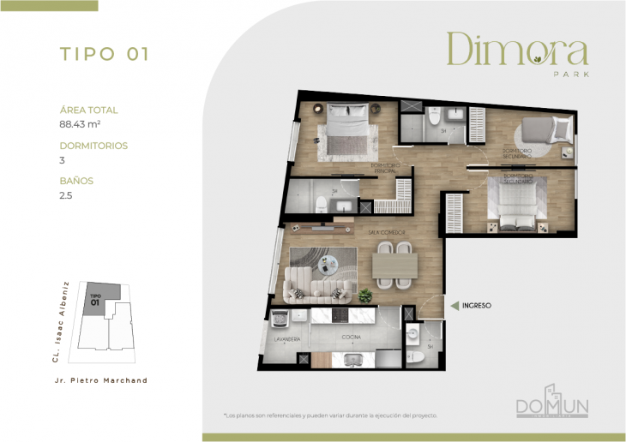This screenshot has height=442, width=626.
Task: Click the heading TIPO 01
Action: coord(105,54)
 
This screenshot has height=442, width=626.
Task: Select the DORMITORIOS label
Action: coord(93,146)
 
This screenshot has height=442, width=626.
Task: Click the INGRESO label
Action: coord(476,304)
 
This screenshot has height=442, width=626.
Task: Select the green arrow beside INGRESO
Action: coord(454,304)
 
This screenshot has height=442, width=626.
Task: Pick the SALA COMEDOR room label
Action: coord(387,233)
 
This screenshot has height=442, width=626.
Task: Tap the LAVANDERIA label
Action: coord(286,339)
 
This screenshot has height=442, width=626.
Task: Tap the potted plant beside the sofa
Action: coord(365,296)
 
